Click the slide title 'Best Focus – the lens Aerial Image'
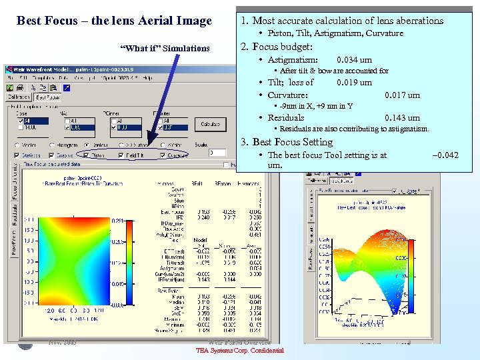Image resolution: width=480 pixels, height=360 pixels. [114, 21]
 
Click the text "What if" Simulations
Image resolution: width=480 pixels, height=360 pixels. [165, 48]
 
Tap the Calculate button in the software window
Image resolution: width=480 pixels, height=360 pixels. [210, 124]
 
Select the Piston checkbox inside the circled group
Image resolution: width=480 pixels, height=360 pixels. [93, 155]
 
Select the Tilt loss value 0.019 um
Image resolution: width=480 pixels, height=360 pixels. [355, 83]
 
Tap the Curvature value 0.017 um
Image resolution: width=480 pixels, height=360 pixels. [403, 95]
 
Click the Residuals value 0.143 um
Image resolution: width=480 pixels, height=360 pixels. [403, 118]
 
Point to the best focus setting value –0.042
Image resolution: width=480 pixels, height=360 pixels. [445, 155]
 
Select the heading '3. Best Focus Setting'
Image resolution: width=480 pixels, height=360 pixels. [287, 142]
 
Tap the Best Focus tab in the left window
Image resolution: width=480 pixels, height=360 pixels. [48, 97]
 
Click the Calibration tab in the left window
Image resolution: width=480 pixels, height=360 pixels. [20, 97]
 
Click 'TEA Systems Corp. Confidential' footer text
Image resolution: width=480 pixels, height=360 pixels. [240, 351]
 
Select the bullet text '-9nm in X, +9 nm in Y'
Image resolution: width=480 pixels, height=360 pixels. [316, 106]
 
